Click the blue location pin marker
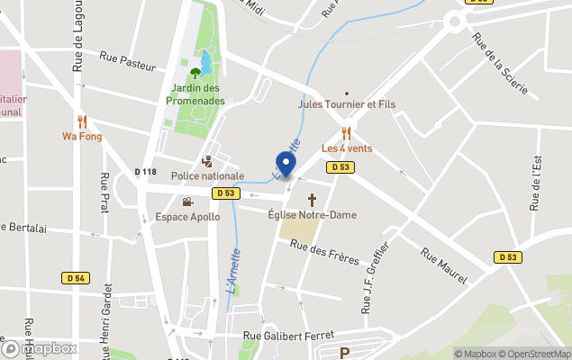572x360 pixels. click(286, 166)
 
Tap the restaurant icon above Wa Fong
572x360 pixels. click(82, 121)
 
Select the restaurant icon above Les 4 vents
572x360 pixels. click(346, 132)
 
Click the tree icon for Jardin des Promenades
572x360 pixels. click(195, 72)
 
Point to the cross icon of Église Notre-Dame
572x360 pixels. click(313, 199)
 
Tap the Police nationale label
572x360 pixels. click(207, 175)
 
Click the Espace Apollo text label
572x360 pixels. click(186, 217)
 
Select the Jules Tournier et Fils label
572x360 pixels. click(347, 104)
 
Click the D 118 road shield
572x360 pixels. click(145, 172)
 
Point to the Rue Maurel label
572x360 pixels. click(444, 265)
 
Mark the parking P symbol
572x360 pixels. click(343, 353)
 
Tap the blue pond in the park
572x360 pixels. click(206, 63)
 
